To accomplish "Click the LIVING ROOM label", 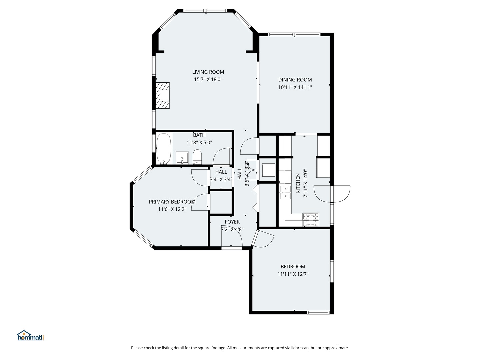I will pos(208,72).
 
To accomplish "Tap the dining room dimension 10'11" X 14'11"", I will pos(295,87).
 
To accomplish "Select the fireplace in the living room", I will pos(163,95).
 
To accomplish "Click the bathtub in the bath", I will pos(164,149).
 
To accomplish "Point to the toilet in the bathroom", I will pos(197,157).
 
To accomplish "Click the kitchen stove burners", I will pos(311,220).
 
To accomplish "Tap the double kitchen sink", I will pos(285,193).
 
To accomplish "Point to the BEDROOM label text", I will pos(293,267).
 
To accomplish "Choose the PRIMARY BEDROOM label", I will pos(172,202).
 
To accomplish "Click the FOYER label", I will pos(232,222).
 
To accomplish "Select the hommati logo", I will pos(30,336).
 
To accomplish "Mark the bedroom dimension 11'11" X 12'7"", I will pos(293,274).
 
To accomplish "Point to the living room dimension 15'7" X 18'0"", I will pos(208,80).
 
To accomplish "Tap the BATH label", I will pos(199,135).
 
